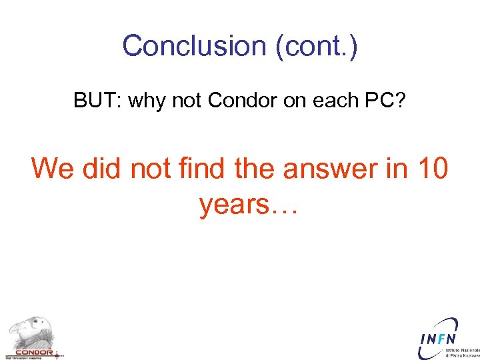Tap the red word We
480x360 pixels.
tap(54, 168)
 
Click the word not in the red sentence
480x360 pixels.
tap(151, 168)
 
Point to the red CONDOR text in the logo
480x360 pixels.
tap(33, 352)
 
